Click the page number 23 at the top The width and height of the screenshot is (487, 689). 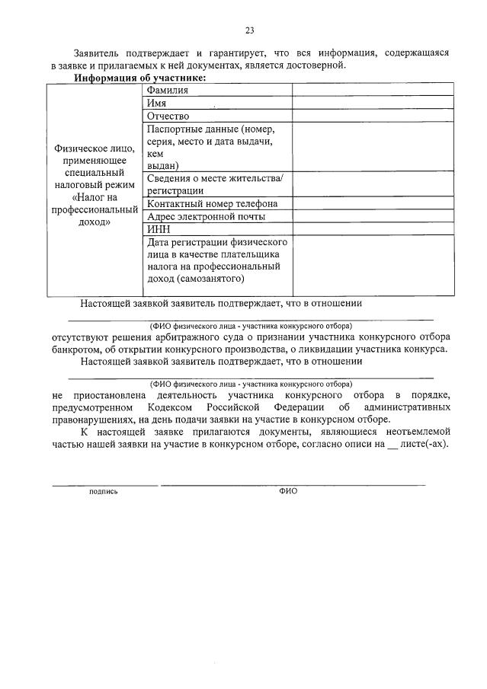point(249,30)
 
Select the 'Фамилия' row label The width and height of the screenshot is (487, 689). point(167,91)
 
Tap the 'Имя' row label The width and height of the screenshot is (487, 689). point(157,104)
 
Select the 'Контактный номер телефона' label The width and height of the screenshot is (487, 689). point(212,204)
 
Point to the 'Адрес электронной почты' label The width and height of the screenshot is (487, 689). point(206,216)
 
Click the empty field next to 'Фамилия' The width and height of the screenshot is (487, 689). point(371,91)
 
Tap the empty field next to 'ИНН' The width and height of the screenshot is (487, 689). point(371,229)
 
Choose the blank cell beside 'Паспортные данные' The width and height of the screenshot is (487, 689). point(371,147)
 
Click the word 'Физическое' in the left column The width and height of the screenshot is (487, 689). point(95,148)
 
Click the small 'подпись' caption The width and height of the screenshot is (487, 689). point(104,492)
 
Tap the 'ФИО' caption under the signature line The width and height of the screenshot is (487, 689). point(288,492)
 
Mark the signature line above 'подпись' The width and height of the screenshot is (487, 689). point(104,484)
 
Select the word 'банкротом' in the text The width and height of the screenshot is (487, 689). point(76,350)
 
